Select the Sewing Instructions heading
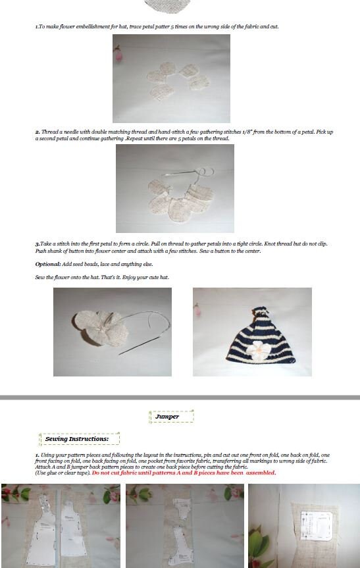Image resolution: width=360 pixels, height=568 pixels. point(78,439)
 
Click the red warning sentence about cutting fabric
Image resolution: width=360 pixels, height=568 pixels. point(184,473)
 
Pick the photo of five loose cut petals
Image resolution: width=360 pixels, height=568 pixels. point(171,78)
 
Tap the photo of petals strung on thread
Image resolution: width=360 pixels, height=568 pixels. point(174,188)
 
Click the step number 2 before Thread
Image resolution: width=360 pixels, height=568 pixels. point(37,132)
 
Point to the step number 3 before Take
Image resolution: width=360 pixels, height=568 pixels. point(37,244)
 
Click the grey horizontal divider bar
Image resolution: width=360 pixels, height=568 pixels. point(180,398)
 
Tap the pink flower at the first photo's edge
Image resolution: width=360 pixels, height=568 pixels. point(118,54)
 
